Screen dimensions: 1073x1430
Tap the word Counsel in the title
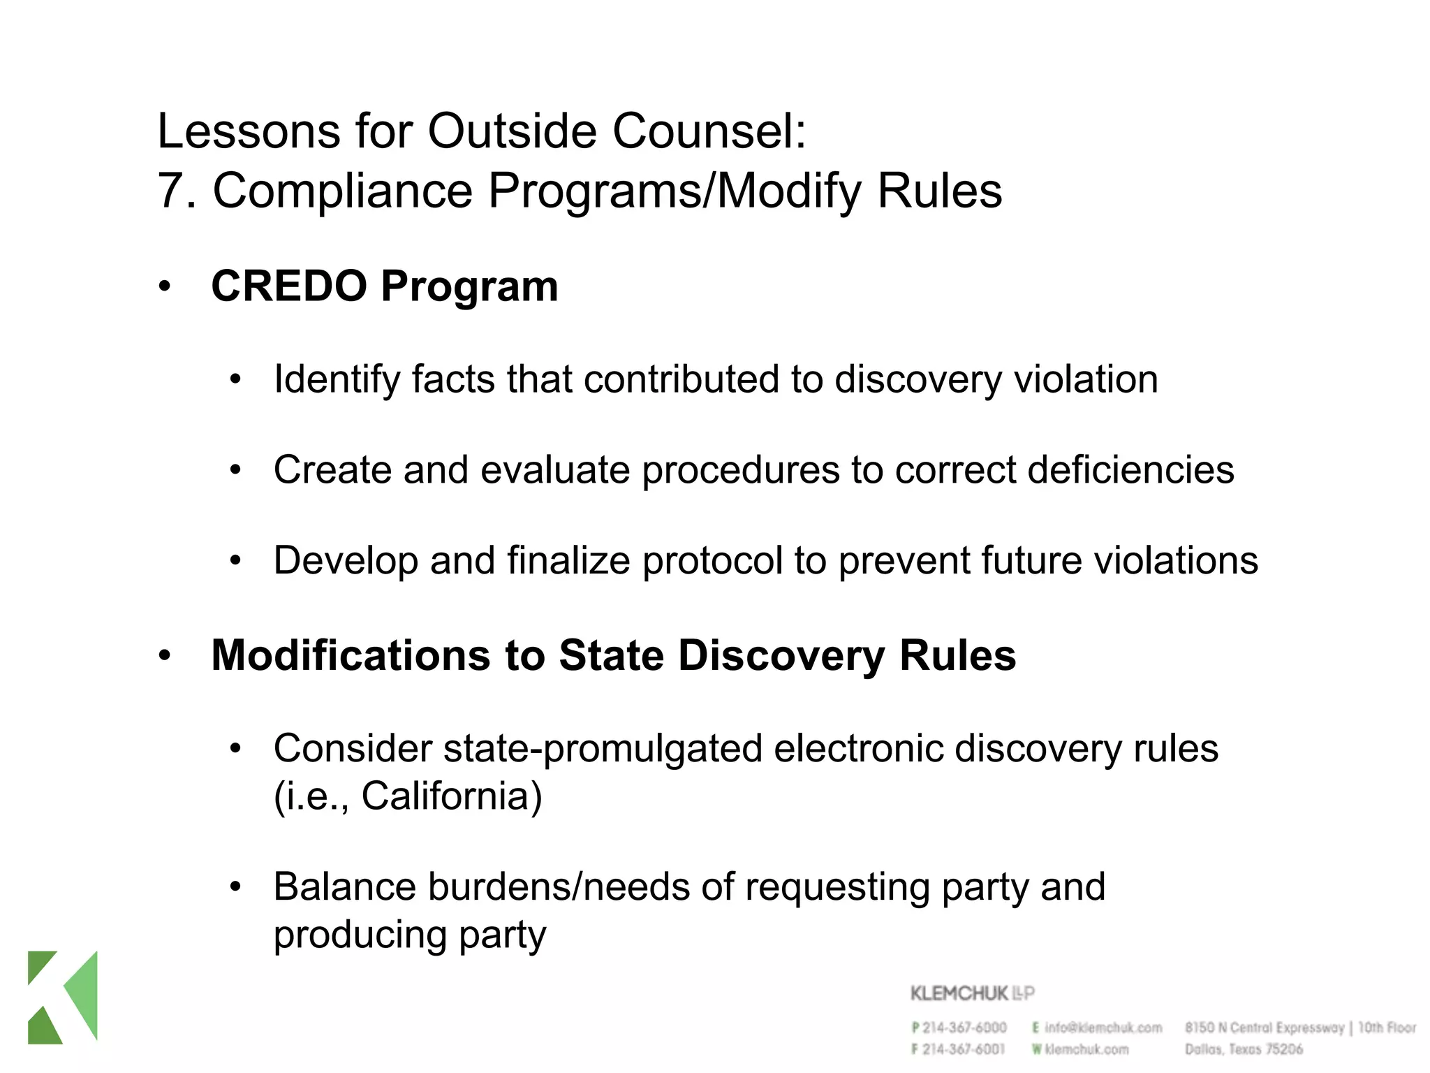point(709,131)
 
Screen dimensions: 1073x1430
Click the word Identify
point(337,380)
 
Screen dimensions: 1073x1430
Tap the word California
point(451,796)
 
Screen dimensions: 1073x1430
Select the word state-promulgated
point(603,749)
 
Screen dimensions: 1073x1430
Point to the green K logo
point(63,997)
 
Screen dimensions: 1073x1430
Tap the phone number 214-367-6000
point(964,1028)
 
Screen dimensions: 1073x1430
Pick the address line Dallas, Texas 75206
point(1244,1049)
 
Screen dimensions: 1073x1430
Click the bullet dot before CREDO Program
point(165,286)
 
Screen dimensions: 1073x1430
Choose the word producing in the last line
point(360,935)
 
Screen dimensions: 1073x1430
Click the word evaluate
point(555,469)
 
